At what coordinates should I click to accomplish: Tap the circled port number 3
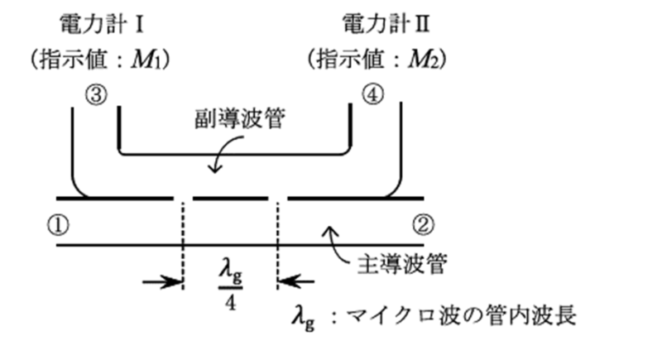[94, 94]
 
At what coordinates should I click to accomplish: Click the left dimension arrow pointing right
[162, 282]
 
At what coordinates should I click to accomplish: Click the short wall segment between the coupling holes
[231, 199]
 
